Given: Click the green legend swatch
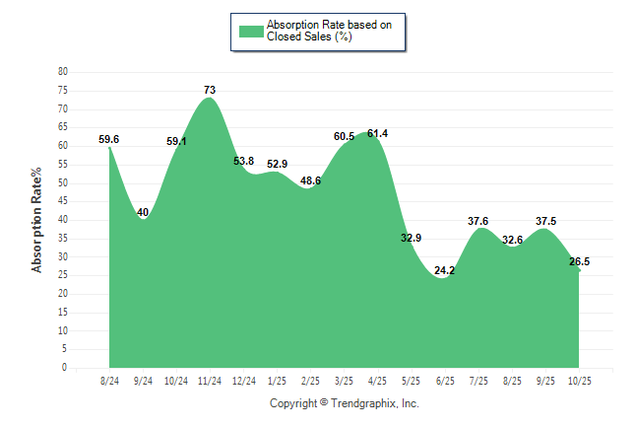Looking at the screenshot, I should [x=251, y=31].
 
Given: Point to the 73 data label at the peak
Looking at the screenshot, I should [x=210, y=90].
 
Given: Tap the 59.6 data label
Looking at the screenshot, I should [x=109, y=140].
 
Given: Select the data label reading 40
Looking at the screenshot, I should [x=143, y=212].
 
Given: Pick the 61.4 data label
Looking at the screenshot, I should [x=377, y=133].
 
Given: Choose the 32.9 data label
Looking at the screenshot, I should [x=411, y=238].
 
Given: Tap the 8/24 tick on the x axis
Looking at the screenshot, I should [x=109, y=381].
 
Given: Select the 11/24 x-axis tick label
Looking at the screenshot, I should [x=210, y=381].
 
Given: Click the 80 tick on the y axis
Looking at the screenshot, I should [x=63, y=72].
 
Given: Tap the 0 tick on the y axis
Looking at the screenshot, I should [x=65, y=368].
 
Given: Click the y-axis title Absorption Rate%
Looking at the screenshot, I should [x=37, y=220].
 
